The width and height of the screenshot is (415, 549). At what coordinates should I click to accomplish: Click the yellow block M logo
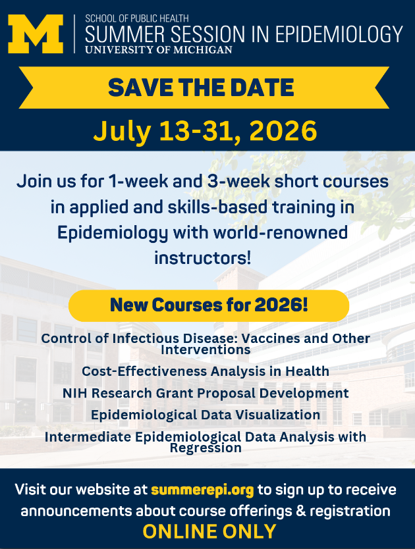point(36,34)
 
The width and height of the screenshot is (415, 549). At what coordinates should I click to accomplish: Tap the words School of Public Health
point(137,18)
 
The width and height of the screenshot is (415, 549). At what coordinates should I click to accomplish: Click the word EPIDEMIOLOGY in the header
point(339,34)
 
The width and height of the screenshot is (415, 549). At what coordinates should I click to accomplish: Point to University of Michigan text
point(159,50)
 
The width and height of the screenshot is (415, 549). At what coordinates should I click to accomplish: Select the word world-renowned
point(281,232)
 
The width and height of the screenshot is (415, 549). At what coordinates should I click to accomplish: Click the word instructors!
point(203,258)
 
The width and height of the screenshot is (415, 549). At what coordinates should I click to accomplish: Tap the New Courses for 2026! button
point(209,305)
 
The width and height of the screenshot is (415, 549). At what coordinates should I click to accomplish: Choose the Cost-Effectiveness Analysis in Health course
point(206,371)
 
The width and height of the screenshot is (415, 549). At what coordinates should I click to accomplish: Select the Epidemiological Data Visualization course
point(206,415)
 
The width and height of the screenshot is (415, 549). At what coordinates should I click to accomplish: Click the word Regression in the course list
point(206,448)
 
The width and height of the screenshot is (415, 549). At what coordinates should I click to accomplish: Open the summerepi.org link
point(202,490)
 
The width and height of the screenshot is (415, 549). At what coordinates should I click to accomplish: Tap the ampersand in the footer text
point(300,511)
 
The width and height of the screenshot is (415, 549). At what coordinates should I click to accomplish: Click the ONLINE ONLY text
point(209,531)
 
